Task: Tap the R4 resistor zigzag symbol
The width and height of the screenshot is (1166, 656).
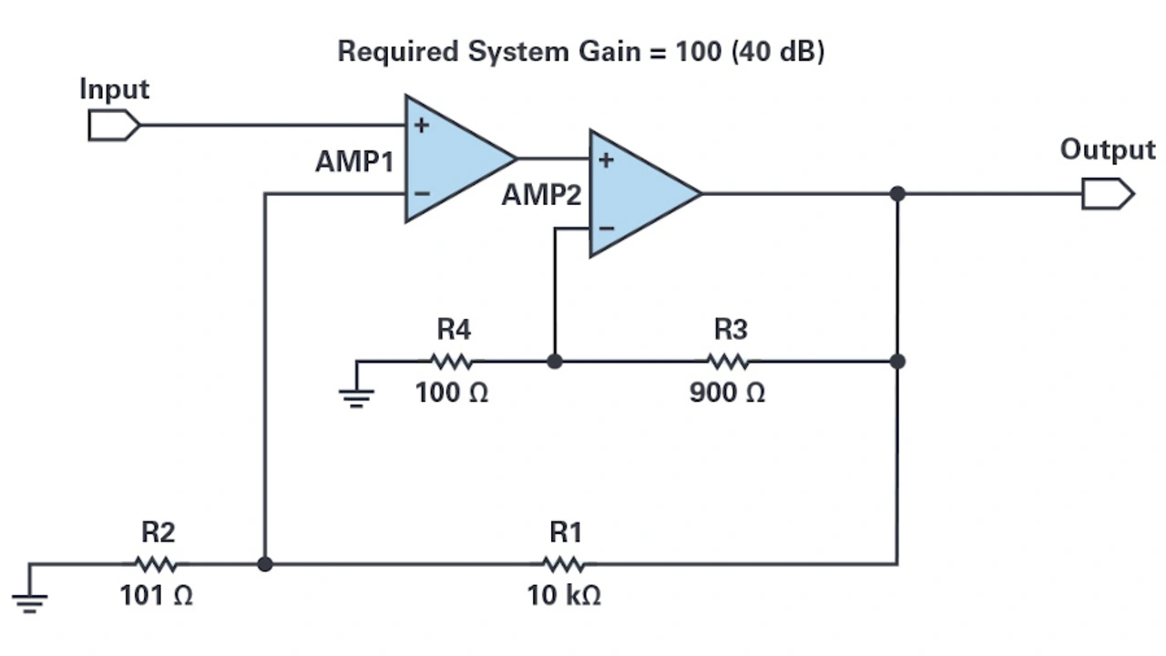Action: pos(452,362)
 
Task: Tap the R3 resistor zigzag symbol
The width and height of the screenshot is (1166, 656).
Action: pos(728,362)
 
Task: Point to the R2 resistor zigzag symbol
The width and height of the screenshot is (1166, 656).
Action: pos(156,564)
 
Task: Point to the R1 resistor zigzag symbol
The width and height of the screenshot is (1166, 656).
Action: pos(565,564)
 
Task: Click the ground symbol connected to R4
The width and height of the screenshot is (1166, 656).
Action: pos(356,394)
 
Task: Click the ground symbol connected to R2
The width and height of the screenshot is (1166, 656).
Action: pos(29,598)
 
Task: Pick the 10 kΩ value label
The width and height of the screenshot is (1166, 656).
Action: pos(564,596)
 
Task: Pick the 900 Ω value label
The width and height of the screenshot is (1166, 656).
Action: pos(727,394)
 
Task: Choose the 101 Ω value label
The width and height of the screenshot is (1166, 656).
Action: pos(156,596)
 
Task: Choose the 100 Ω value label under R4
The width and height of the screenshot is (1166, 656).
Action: pos(452,394)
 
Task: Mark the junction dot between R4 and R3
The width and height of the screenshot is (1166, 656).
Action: pos(554,362)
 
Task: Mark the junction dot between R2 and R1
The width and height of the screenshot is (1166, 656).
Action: pos(264,564)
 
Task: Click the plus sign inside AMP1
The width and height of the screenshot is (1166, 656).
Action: pos(421,126)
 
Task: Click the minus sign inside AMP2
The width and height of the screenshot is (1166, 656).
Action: pos(606,228)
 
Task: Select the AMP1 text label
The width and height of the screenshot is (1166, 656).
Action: pos(354,162)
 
